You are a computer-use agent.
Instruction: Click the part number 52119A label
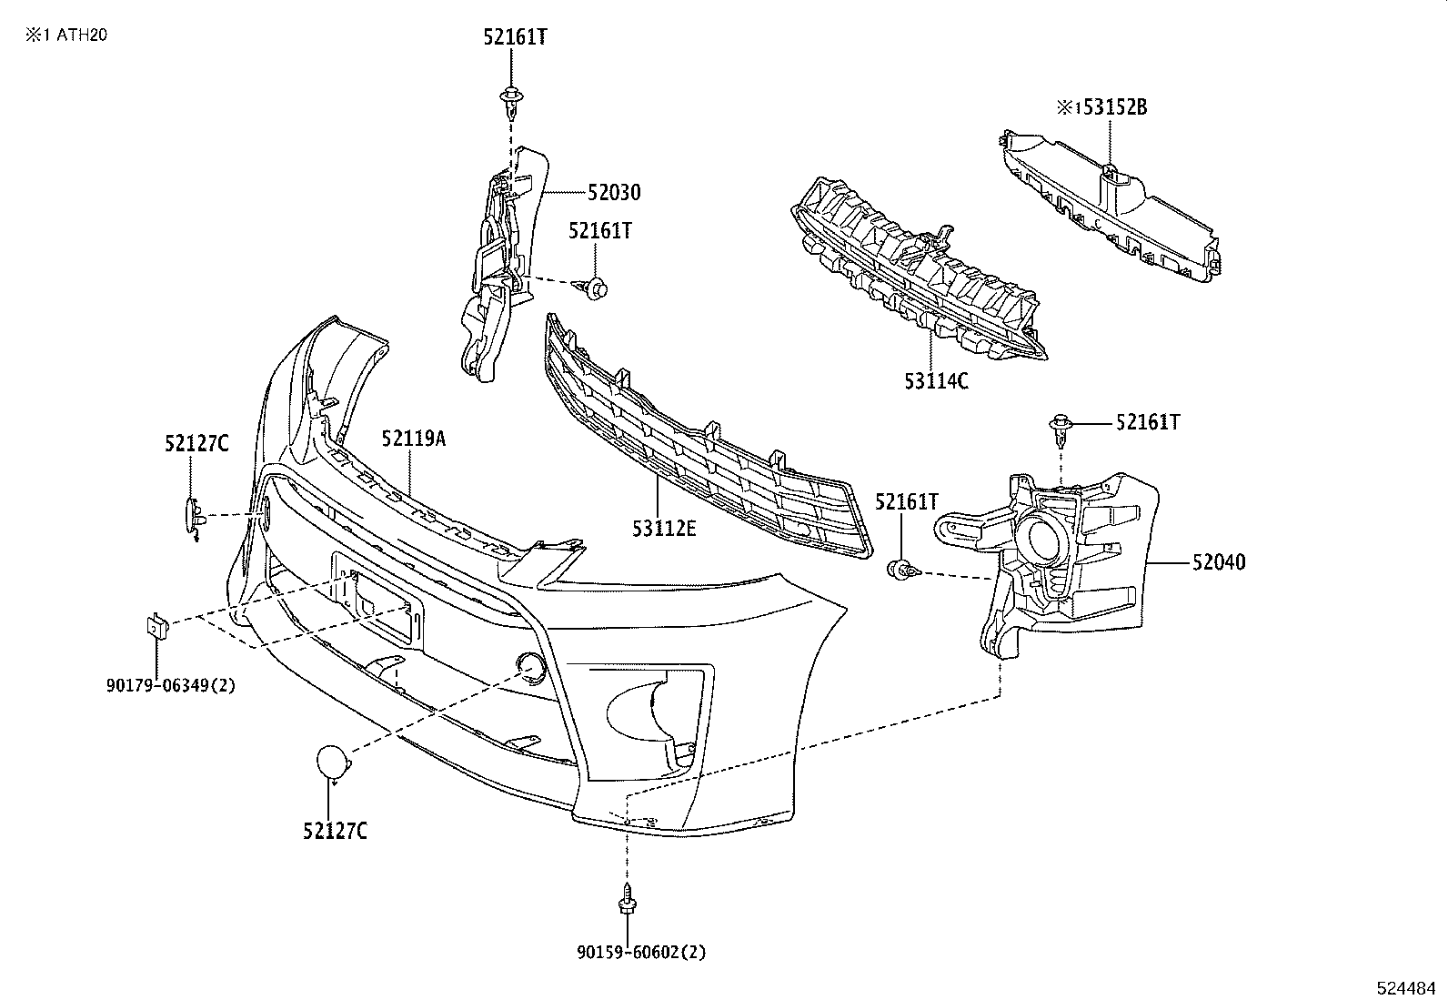click(x=414, y=439)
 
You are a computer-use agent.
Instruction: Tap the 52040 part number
click(x=1219, y=563)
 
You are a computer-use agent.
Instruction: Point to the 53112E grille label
click(x=665, y=527)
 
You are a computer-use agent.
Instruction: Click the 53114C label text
click(x=936, y=381)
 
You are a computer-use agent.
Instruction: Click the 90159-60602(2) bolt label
click(x=641, y=952)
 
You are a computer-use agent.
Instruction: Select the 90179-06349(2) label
click(x=171, y=685)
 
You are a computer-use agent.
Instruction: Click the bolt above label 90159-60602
click(x=627, y=901)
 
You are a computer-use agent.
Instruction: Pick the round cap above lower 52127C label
click(x=332, y=762)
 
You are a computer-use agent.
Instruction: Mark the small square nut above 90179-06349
click(x=155, y=626)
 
